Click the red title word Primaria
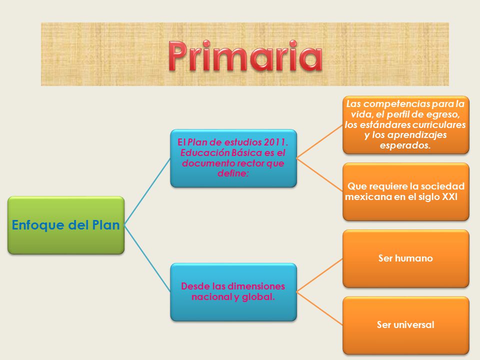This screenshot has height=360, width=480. (x=245, y=56)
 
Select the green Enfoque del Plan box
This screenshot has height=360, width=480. (x=66, y=225)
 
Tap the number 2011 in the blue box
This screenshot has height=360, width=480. (x=276, y=142)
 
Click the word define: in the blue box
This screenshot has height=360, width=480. (x=233, y=173)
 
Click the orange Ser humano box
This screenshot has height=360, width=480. (x=406, y=258)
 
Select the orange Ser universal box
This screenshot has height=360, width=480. (x=406, y=325)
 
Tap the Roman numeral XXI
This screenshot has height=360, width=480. (x=449, y=197)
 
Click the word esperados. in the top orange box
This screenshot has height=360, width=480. (x=405, y=145)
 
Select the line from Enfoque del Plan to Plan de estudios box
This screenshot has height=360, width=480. (x=147, y=191)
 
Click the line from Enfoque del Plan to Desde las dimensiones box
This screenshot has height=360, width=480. (x=147, y=258)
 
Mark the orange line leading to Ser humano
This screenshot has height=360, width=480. (x=319, y=275)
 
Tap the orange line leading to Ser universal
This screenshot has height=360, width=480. (x=319, y=308)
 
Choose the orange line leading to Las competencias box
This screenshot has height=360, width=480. (x=319, y=141)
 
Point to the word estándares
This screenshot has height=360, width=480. (x=385, y=125)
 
